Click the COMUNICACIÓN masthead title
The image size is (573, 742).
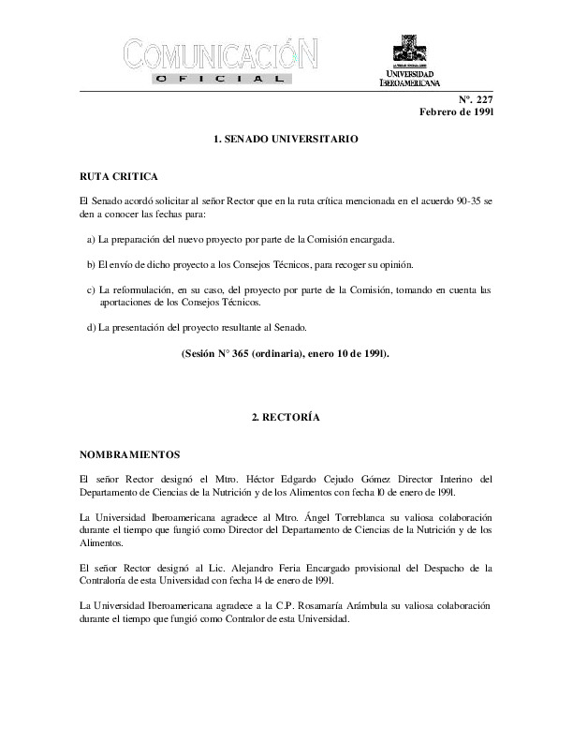point(226,54)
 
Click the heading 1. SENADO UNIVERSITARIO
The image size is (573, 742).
point(286,139)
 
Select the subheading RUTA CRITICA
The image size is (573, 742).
point(119,176)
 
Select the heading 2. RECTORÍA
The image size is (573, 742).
point(286,417)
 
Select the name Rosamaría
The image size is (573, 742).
point(281,604)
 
